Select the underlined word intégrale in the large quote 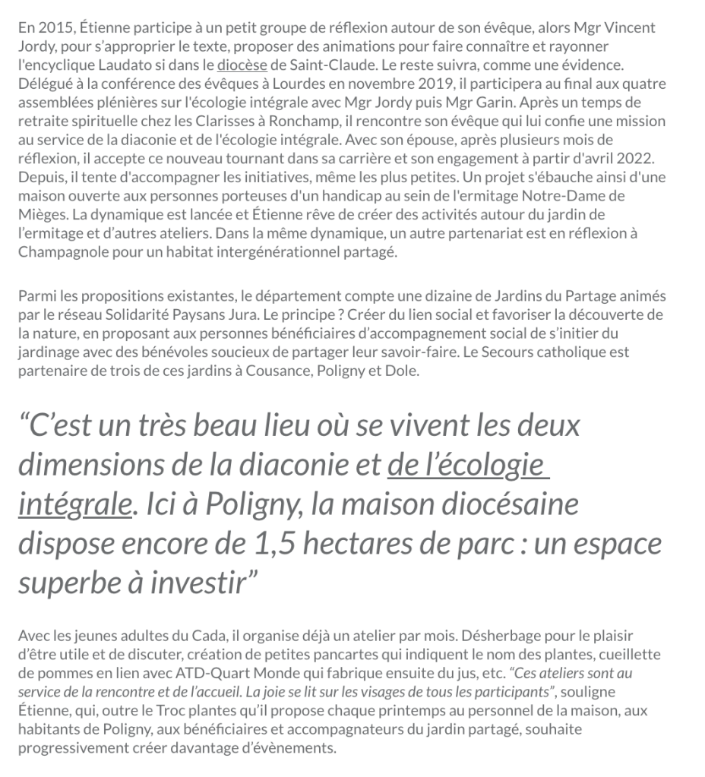tap(74, 504)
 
